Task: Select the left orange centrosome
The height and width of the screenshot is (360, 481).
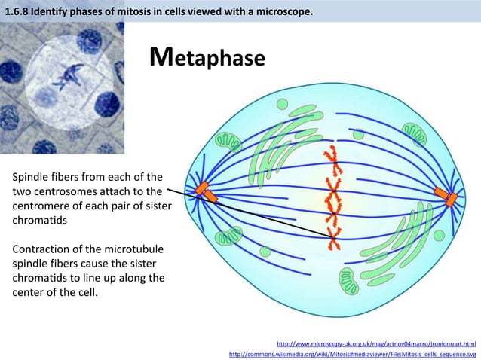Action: click(x=205, y=193)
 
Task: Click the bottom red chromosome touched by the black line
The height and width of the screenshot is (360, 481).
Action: click(x=332, y=239)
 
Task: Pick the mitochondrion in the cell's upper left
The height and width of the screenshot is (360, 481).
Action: click(x=227, y=140)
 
